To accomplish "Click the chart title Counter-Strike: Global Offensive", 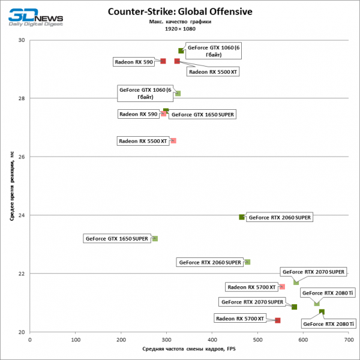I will click(179, 11).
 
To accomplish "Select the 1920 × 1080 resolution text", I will click(179, 28).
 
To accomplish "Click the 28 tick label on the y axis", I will click(22, 98).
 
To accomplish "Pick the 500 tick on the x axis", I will click(257, 340).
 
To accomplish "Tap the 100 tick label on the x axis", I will click(76, 340).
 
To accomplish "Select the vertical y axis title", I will click(12, 186).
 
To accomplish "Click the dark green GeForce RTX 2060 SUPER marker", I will click(242, 217).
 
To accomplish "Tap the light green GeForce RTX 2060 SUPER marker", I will click(247, 262).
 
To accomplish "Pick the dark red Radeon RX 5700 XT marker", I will click(277, 320).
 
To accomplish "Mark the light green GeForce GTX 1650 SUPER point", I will click(155, 239).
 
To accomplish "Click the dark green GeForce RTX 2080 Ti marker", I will click(322, 311).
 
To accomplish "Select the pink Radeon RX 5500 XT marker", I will click(173, 141).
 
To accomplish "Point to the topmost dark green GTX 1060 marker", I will click(181, 51).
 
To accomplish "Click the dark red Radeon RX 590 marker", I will click(163, 61).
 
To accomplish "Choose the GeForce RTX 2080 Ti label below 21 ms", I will click(329, 324).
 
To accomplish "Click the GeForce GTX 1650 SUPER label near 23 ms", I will click(116, 239).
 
